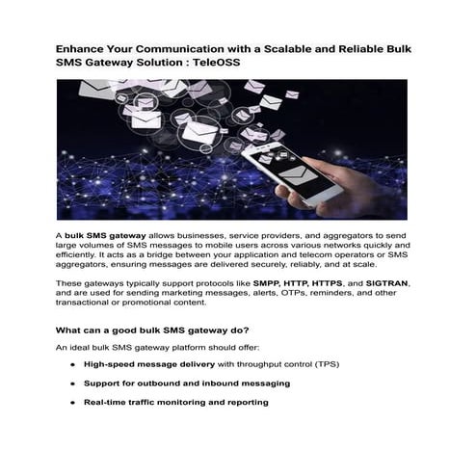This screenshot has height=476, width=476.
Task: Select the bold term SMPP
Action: point(270,283)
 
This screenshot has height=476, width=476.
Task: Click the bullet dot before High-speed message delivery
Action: point(74,365)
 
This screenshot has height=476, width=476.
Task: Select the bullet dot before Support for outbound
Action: point(74,383)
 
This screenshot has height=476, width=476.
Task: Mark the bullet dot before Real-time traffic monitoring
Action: point(74,402)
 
